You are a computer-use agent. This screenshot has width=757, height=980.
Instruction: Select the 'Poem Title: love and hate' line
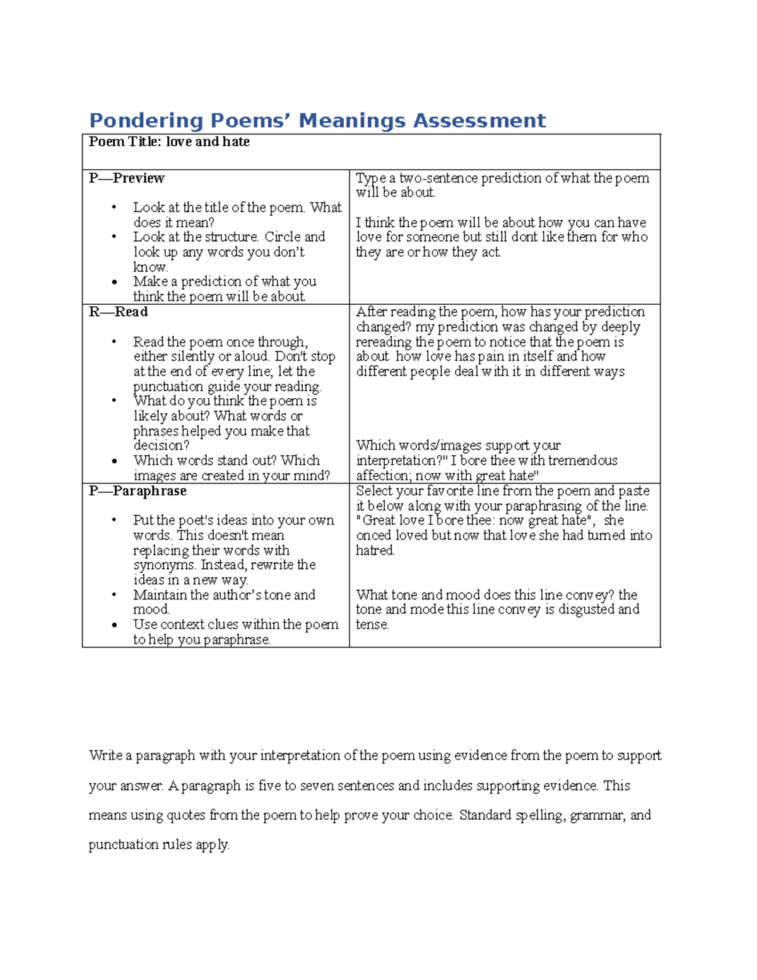(169, 142)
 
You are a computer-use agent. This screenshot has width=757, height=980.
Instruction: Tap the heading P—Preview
(126, 179)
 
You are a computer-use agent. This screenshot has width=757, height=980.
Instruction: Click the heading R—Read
(118, 312)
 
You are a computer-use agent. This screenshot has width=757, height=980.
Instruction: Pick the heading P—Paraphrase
(137, 491)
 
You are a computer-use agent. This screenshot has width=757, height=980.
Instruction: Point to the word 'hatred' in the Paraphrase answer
(375, 550)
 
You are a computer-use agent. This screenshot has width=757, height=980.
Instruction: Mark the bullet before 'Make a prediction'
(114, 282)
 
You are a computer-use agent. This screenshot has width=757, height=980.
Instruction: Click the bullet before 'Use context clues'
(114, 625)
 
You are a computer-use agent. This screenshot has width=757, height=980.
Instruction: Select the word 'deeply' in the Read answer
(620, 328)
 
